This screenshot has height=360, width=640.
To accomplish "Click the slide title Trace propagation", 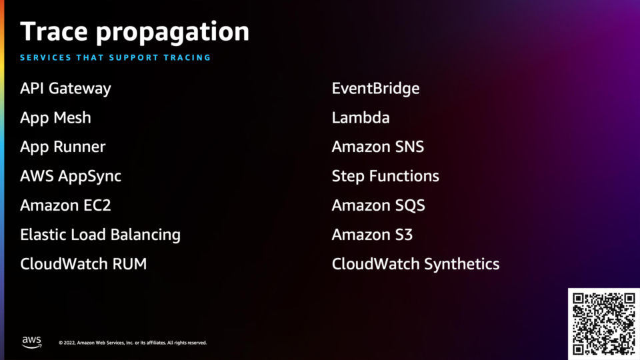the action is (x=135, y=32).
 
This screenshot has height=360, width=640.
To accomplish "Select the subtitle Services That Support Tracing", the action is (x=115, y=57).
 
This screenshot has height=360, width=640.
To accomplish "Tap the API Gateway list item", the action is (x=66, y=89).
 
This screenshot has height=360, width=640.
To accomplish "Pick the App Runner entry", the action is (x=63, y=147).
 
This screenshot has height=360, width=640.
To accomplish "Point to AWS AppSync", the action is (x=71, y=177).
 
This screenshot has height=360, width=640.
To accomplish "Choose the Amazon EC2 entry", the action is (x=66, y=205).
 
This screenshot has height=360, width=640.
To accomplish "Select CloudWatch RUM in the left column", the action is (x=84, y=264).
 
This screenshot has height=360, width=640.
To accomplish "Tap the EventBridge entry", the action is (x=375, y=89).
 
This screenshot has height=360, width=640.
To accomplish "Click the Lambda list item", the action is (x=361, y=117).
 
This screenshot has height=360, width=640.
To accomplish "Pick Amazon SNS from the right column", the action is (x=378, y=147).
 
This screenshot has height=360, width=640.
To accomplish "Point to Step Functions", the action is (x=385, y=177).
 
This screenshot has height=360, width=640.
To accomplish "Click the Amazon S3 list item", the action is (x=372, y=235).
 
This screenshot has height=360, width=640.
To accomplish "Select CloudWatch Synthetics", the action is (x=415, y=265).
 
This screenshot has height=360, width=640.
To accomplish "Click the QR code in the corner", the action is (x=604, y=324).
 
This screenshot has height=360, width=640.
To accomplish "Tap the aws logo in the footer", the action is (x=32, y=342).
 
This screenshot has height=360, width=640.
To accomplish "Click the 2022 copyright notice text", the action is (x=133, y=343).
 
